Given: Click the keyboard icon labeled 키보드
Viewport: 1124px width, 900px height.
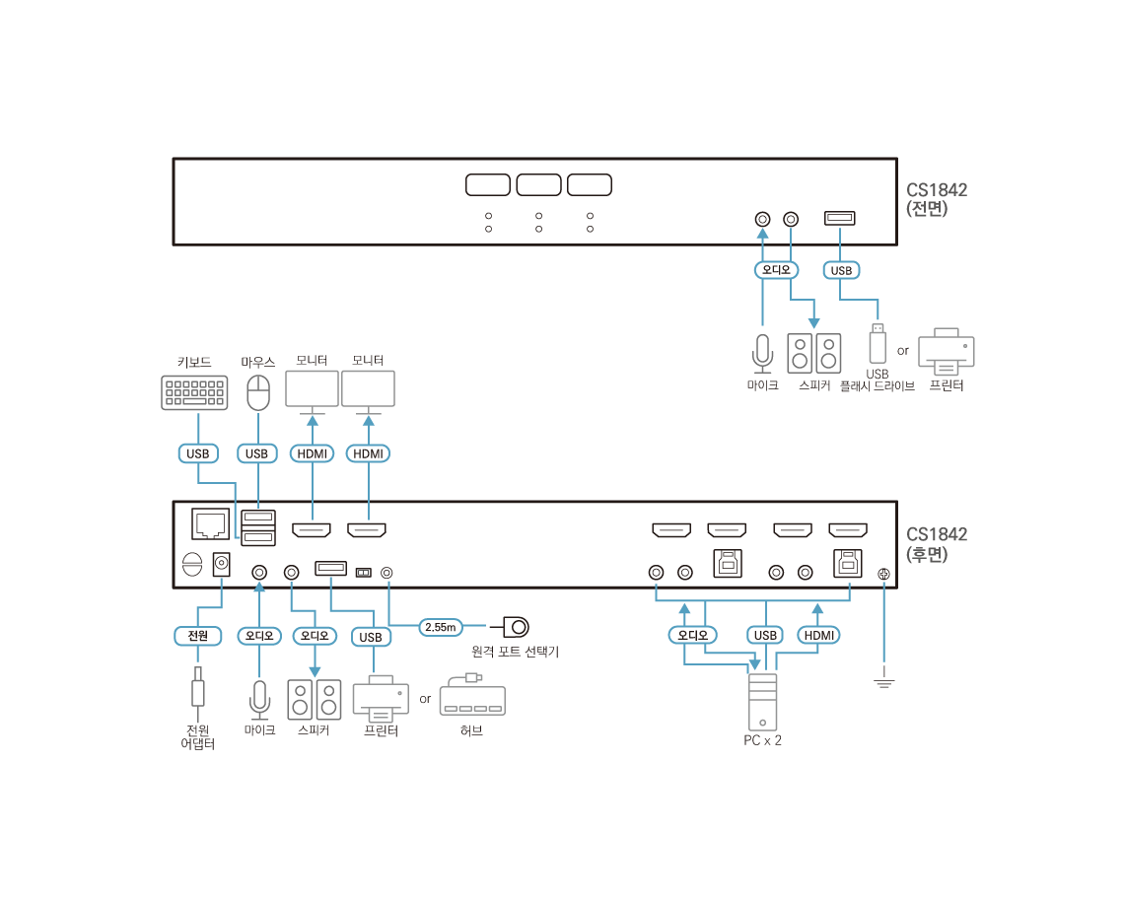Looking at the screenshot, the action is [194, 392].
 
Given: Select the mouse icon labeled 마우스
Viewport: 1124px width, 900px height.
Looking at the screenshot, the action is [258, 392].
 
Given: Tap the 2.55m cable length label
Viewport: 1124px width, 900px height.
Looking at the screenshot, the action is [440, 627].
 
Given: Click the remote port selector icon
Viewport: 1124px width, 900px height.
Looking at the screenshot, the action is [516, 627].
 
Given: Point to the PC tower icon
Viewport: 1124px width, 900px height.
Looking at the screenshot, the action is [762, 702].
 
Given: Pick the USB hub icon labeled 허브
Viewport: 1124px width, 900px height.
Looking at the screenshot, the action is [472, 696].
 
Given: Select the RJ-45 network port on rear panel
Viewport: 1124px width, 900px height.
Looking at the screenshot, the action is [210, 523].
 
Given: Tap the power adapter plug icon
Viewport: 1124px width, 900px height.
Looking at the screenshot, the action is [198, 688].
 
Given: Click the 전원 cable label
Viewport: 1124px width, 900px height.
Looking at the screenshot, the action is [198, 636].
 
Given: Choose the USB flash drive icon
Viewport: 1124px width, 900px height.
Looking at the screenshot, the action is [878, 343].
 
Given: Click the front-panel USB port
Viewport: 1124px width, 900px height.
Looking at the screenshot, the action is [839, 218].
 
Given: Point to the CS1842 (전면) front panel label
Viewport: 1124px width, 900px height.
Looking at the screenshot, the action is [937, 199].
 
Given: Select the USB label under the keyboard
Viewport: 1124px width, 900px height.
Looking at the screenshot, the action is [198, 453].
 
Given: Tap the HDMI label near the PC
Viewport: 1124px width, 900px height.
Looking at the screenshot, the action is [818, 635].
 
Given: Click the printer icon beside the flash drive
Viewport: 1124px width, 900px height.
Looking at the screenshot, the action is [947, 352].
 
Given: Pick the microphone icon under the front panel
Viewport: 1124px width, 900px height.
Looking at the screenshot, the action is [762, 354].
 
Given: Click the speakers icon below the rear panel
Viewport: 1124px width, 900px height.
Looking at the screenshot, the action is [314, 699].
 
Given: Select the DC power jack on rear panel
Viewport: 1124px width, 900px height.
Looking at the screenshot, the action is [222, 564].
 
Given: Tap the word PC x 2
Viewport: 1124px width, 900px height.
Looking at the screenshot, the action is [762, 740].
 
